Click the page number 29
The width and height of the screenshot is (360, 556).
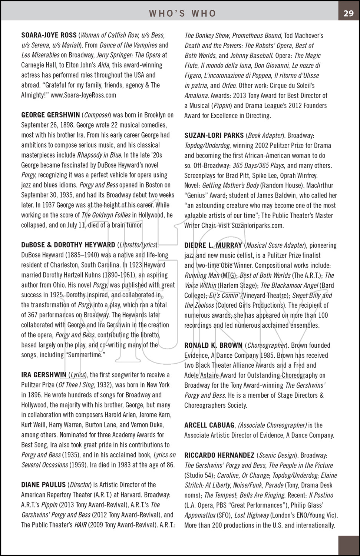point(348,13)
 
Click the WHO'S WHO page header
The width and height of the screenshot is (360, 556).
point(182,14)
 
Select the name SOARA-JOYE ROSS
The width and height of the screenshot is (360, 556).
point(49,36)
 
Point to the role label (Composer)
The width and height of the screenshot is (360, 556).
point(97,115)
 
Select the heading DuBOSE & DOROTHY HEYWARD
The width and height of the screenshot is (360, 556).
point(68,245)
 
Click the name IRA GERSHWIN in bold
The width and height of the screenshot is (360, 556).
point(43,375)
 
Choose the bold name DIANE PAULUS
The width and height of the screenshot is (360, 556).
point(43,485)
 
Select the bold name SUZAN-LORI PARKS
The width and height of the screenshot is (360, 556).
point(214,136)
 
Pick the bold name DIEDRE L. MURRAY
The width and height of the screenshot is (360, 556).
point(213,245)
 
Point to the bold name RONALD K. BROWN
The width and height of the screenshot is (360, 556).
point(213,345)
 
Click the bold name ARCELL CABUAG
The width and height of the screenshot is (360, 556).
point(209,426)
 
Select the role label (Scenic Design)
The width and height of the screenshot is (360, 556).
point(277,456)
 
